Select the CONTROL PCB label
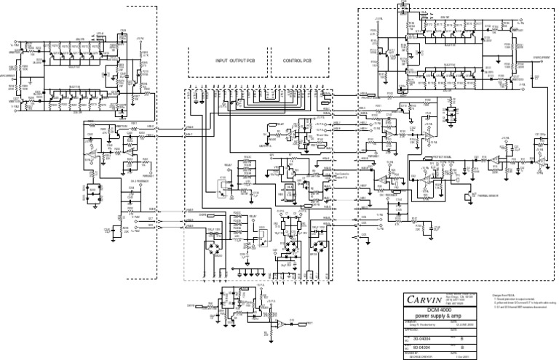[x=297, y=61]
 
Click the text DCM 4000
[x=421, y=311]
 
